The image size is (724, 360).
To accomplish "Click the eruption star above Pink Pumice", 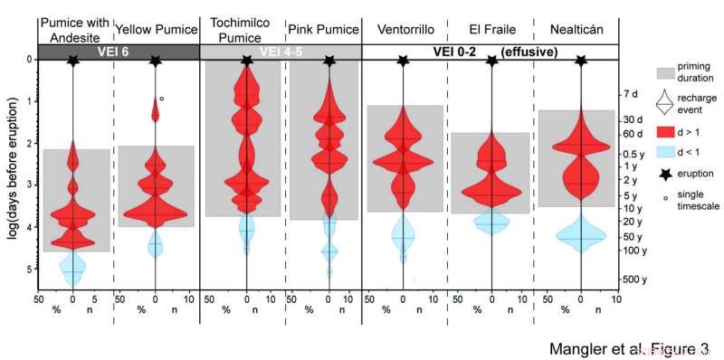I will [328, 61].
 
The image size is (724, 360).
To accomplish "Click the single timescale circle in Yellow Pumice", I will [161, 99].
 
